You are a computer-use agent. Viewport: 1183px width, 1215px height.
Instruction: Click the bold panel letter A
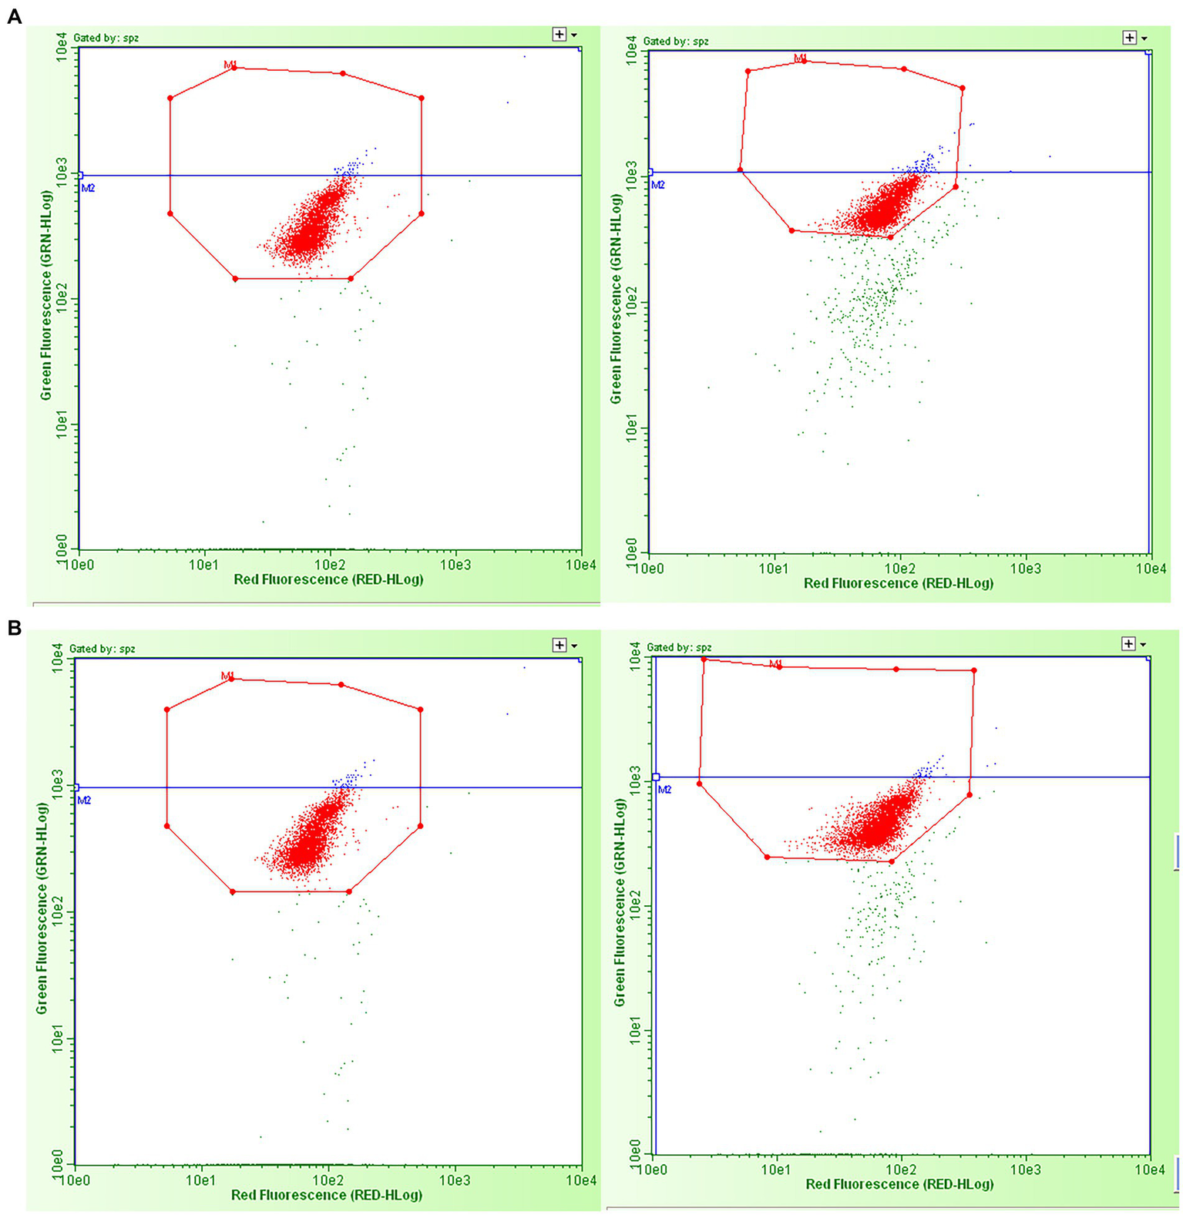pos(14,16)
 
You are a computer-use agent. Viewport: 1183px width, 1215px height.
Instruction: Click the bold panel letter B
pos(14,628)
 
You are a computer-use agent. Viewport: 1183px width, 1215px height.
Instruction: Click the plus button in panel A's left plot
pos(560,34)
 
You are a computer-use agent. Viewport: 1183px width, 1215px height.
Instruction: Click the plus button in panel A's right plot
pos(1130,37)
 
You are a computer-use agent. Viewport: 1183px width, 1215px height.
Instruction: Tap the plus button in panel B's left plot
pos(560,645)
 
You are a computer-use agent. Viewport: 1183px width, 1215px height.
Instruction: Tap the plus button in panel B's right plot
pos(1129,643)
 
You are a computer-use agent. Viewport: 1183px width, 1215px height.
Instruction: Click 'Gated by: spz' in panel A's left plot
pos(106,37)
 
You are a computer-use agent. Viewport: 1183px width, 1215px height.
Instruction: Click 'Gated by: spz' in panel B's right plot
pos(679,647)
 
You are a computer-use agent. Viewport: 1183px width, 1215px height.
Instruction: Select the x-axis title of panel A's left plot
pos(328,579)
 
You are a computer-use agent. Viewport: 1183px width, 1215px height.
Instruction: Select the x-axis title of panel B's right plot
pos(899,1183)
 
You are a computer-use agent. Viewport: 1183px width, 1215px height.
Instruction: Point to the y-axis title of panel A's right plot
pos(616,299)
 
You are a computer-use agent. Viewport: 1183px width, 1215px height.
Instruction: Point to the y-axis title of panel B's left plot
pos(42,909)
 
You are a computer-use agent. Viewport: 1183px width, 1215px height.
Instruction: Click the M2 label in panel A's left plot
pos(89,187)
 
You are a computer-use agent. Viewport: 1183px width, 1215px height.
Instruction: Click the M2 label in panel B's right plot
pos(664,790)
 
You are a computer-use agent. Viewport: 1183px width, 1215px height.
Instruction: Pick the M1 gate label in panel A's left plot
pos(230,65)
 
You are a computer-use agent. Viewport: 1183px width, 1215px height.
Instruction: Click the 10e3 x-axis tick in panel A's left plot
pos(455,564)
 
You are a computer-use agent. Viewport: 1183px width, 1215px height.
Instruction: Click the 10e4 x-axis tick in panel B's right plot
pos(1151,1170)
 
